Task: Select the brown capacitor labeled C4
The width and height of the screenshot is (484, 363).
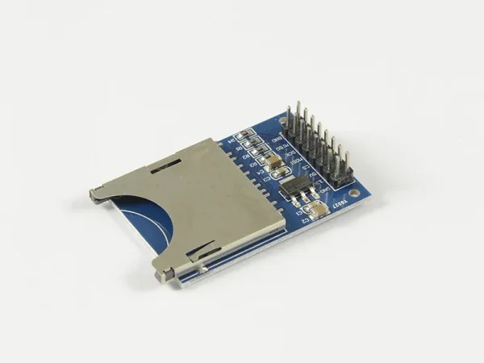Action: [275, 162]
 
